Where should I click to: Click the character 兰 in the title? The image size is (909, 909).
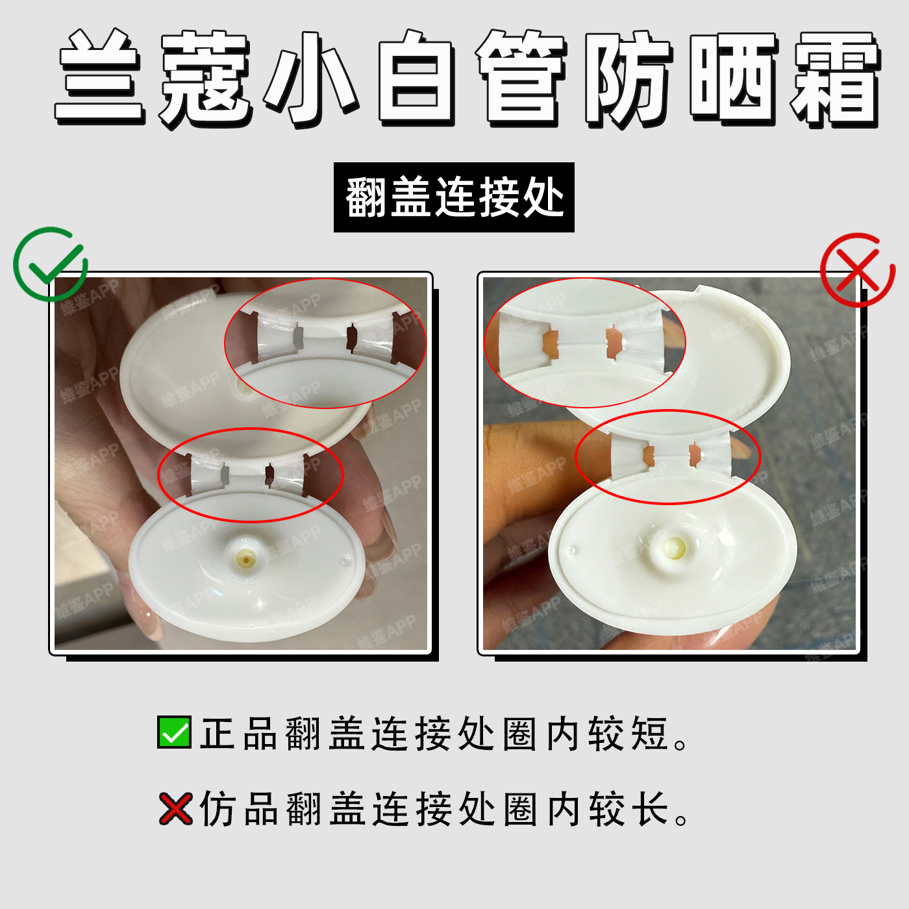99,78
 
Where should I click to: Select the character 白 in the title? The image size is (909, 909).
415,79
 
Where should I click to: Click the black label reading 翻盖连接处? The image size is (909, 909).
454,197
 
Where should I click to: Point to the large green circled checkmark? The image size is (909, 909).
50,264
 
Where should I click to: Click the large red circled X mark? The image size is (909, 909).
858,270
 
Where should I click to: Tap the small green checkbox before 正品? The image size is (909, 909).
174,732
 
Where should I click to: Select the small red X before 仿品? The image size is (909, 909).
175,808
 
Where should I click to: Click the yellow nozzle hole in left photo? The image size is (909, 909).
246,560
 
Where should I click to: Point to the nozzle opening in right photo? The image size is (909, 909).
673,547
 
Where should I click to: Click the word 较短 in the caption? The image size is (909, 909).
628,734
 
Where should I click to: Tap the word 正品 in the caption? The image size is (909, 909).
238,734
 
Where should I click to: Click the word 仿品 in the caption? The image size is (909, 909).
238,809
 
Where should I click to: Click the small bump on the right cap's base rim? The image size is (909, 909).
573,549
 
